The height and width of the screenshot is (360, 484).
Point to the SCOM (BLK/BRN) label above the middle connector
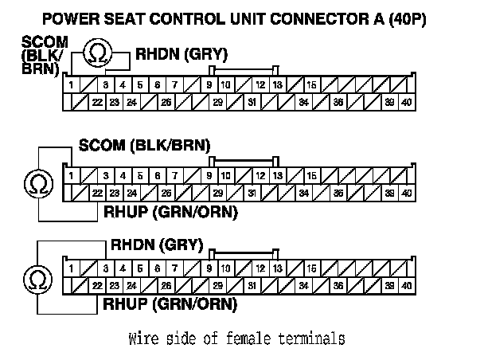(x=144, y=146)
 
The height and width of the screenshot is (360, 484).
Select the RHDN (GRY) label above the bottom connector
(x=157, y=244)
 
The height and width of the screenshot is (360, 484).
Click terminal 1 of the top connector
(x=71, y=85)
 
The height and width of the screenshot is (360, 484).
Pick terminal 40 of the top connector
(x=407, y=102)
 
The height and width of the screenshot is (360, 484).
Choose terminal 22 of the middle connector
(x=97, y=193)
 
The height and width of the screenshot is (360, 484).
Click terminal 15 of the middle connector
(x=311, y=175)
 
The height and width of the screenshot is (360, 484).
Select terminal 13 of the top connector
(x=275, y=85)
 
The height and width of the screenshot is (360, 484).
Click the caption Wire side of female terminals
(x=236, y=338)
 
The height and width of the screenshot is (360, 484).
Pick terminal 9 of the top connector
(x=209, y=85)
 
